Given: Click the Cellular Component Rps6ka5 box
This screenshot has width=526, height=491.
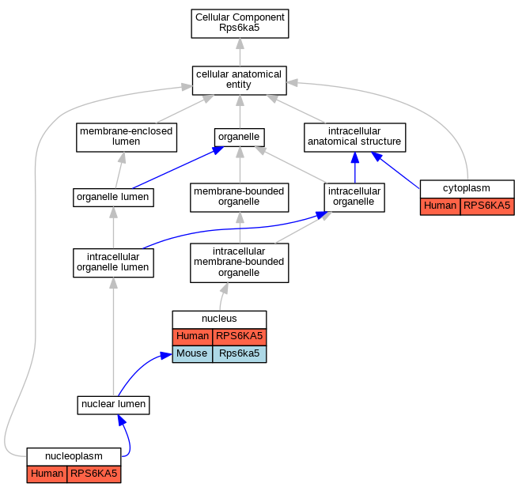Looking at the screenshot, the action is pyautogui.click(x=240, y=24).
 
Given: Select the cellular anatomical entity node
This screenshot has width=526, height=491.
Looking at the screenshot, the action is pyautogui.click(x=240, y=81).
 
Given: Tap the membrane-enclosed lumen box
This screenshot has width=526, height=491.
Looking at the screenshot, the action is pyautogui.click(x=127, y=138).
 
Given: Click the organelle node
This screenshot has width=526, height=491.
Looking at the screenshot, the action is pyautogui.click(x=240, y=138).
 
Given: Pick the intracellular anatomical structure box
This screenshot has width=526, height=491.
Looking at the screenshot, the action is pyautogui.click(x=355, y=138).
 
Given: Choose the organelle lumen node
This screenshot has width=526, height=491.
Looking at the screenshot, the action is pyautogui.click(x=113, y=198).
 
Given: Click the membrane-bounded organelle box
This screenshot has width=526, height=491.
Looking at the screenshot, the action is pyautogui.click(x=240, y=198).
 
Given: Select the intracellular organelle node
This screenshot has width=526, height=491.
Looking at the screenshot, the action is pyautogui.click(x=354, y=198).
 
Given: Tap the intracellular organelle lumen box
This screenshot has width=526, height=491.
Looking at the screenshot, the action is pyautogui.click(x=113, y=263).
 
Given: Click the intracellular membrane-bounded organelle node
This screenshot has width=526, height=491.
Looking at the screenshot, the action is pyautogui.click(x=240, y=263).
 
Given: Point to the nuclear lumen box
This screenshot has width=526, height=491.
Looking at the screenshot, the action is pyautogui.click(x=113, y=405).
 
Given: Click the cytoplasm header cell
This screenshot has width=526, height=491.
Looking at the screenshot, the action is pyautogui.click(x=467, y=189).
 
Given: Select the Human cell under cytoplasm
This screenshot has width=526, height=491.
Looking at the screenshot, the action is pyautogui.click(x=441, y=206).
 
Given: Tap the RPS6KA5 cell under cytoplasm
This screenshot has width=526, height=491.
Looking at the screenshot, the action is pyautogui.click(x=487, y=206).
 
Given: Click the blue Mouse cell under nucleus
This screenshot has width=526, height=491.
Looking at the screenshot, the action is pyautogui.click(x=192, y=354).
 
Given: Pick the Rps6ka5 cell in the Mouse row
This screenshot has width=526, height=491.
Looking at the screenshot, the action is pyautogui.click(x=240, y=354).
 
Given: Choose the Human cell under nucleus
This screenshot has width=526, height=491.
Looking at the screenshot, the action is pyautogui.click(x=192, y=336).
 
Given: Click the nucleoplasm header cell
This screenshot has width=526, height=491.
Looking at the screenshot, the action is pyautogui.click(x=74, y=456).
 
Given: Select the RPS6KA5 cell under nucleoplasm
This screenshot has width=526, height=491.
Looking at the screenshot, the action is pyautogui.click(x=94, y=474).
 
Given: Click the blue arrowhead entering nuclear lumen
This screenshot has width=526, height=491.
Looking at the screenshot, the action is pyautogui.click(x=122, y=420).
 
